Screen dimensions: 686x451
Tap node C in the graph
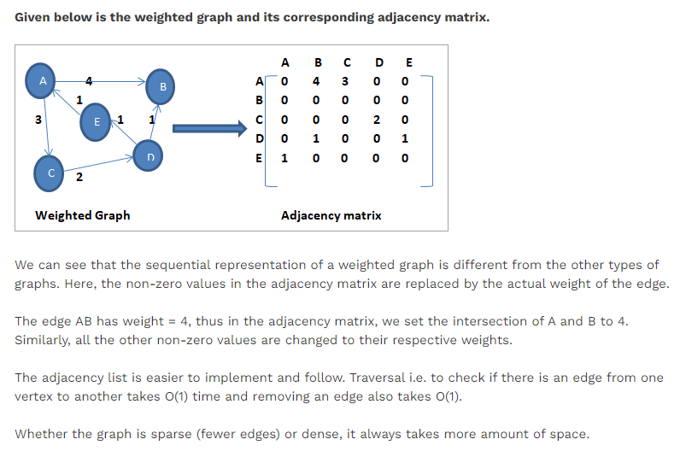pos(50,173)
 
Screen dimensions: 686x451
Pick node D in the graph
pos(150,156)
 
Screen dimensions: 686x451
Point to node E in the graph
pos(97,123)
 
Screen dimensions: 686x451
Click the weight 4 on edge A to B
pos(89,81)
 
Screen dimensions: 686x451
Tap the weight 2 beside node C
pos(79,178)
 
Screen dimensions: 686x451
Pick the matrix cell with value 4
pos(317,82)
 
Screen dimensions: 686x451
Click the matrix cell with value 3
pos(345,82)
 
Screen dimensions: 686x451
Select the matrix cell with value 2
pos(375,120)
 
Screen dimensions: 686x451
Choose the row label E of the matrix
pos(258,158)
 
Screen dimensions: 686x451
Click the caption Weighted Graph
pos(83,215)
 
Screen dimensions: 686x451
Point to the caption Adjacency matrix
pos(331,215)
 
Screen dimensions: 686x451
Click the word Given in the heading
pos(35,17)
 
